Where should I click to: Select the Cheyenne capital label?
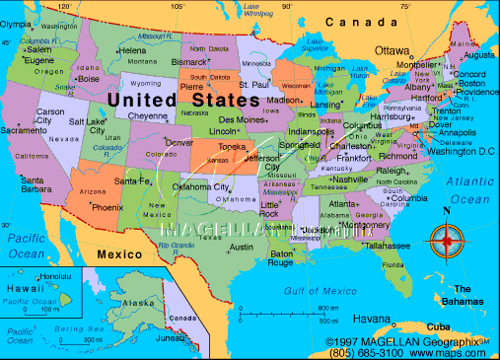pos(148,115)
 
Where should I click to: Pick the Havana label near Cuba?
pos(372,319)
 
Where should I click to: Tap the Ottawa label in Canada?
pos(392,49)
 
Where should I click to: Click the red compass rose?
pos(449,239)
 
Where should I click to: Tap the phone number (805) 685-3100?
pos(366,351)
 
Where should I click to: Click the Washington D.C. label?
pos(463,151)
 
